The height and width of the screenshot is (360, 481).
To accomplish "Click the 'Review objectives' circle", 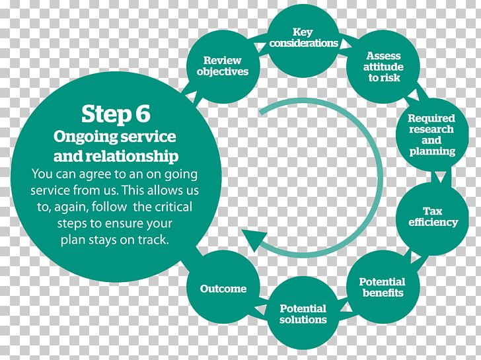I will point(221,65).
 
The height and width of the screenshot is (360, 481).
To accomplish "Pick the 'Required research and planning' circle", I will point(431,135).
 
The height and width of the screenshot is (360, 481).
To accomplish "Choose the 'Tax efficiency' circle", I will point(432,216).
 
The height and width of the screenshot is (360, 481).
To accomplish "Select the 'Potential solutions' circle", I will point(303,313).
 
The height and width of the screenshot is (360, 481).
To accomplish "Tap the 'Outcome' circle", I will point(223,288).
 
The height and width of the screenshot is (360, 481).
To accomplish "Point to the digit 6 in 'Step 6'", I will point(142,114).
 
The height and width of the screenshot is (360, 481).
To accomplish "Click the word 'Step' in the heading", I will point(104,114).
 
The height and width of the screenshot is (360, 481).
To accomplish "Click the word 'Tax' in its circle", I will point(433,211).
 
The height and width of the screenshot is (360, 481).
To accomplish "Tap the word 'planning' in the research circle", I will point(432,151).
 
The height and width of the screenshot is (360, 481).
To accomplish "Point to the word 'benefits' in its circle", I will point(382,293).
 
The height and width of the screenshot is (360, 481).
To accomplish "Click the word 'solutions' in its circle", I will point(303,320).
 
